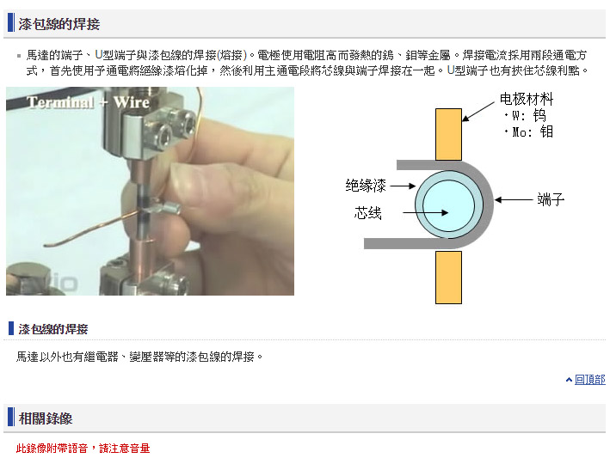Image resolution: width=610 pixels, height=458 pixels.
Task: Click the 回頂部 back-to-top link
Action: click(589, 380)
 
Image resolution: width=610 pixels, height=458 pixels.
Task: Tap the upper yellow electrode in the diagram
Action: click(448, 134)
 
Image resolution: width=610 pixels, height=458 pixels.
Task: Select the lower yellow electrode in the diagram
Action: click(448, 278)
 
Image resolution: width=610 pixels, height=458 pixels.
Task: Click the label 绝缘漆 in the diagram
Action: click(366, 186)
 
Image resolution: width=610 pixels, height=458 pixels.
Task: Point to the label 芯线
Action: click(367, 213)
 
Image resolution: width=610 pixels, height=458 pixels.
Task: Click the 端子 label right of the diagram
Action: click(551, 199)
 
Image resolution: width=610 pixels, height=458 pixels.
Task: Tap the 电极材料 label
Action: click(527, 99)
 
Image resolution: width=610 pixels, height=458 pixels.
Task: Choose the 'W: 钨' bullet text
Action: click(525, 115)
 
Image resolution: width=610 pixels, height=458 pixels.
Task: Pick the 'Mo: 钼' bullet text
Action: click(528, 131)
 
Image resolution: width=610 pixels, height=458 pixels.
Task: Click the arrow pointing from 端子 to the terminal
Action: click(514, 199)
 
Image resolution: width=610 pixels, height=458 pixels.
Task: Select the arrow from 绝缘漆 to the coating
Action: click(403, 186)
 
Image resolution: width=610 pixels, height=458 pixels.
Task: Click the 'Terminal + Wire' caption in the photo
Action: click(88, 102)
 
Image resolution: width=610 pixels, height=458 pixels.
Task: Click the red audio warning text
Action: click(83, 449)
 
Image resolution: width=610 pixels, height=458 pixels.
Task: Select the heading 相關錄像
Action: click(46, 418)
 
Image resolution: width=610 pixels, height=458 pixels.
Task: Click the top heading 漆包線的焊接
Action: click(59, 24)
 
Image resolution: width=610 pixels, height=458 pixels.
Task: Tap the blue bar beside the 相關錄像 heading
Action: click(11, 417)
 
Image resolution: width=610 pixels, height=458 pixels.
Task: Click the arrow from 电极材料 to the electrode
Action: click(478, 112)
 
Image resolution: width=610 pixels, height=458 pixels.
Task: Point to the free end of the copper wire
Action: click(45, 246)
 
